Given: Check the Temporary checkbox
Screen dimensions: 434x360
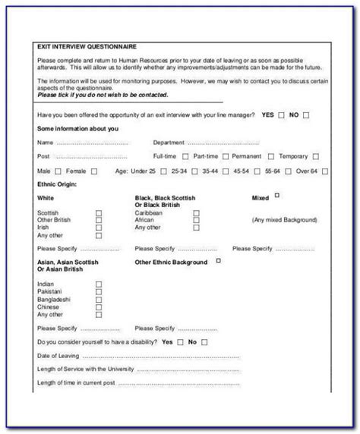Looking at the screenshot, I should click(315, 156).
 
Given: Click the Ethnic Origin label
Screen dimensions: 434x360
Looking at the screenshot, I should click(57, 183).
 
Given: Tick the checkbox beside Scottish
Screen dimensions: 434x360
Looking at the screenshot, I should click(99, 213).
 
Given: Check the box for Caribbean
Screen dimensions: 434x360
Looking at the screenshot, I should click(196, 213).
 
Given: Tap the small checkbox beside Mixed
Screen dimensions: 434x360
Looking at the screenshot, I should click(277, 196).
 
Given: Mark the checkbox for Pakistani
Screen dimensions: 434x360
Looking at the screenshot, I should click(99, 291).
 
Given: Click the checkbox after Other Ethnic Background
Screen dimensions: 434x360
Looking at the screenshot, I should click(219, 261).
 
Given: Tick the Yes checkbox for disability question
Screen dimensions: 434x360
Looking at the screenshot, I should click(180, 342).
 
